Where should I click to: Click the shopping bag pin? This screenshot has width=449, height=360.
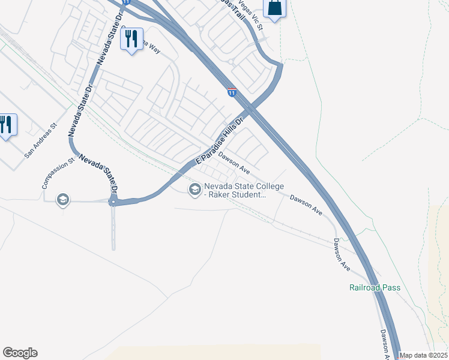274,8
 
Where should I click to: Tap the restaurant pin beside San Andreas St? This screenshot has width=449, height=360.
7,125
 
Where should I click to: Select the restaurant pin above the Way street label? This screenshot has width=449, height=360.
131,40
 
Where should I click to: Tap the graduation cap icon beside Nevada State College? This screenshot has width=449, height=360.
194,190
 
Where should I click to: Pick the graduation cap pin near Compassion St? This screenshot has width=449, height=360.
63,199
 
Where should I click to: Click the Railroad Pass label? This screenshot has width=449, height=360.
375,287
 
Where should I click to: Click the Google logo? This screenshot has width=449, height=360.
20,353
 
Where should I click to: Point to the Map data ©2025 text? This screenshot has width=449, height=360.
424,355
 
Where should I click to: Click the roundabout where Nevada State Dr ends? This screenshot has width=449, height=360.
113,202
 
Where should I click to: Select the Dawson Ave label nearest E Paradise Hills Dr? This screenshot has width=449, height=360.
234,162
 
